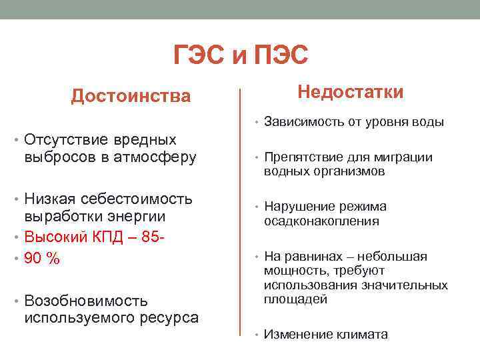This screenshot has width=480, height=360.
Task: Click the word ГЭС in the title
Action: [199, 55]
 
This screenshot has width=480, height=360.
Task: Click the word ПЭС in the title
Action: [281, 55]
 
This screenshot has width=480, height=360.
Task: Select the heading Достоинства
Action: [131, 96]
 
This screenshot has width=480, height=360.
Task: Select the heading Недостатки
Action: [351, 92]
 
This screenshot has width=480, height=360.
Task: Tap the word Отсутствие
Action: [66, 139]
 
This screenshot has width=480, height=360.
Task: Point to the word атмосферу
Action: [155, 158]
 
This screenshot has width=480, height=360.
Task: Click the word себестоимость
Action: [137, 199]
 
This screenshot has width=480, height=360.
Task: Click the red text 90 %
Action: [42, 258]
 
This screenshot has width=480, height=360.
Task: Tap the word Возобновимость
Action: [86, 301]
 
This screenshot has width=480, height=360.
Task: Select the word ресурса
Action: [169, 319]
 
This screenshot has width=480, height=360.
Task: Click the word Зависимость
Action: [304, 122]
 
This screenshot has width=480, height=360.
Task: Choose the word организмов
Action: [349, 172]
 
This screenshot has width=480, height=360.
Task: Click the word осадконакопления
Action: [322, 221]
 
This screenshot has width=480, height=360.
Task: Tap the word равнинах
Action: [313, 257]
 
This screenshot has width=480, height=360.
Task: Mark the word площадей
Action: [296, 299]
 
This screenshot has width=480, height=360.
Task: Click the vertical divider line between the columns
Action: [240, 213]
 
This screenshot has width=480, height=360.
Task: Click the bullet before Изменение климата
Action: [257, 335]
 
